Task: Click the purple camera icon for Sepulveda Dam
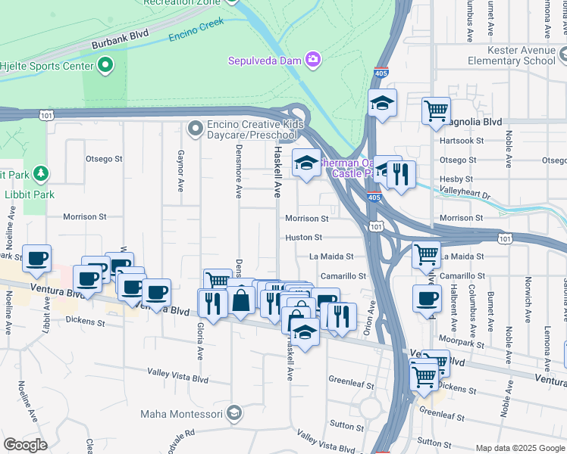pos(312,60)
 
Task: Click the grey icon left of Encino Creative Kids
pos(196,126)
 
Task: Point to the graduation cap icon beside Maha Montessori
pos(234,413)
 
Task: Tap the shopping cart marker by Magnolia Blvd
pos(437,110)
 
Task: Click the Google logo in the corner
pos(26,445)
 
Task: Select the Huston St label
pos(304,237)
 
